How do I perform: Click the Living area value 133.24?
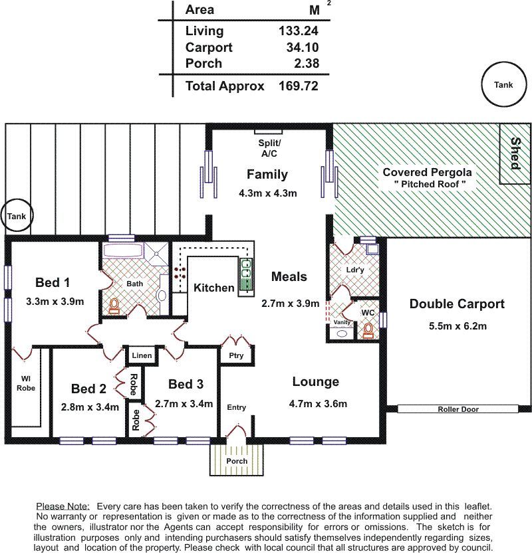pyautogui.click(x=298, y=31)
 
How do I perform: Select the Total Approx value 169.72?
pyautogui.click(x=298, y=86)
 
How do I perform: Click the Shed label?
pyautogui.click(x=515, y=153)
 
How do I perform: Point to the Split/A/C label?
pyautogui.click(x=269, y=148)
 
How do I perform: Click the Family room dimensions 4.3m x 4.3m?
pyautogui.click(x=267, y=193)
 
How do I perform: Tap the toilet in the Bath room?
pyautogui.click(x=114, y=306)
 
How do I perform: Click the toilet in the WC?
pyautogui.click(x=368, y=331)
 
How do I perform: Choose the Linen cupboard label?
pyautogui.click(x=142, y=355)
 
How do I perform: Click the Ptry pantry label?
pyautogui.click(x=236, y=355)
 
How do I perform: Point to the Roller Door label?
pyautogui.click(x=458, y=409)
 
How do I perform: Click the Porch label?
pyautogui.click(x=237, y=461)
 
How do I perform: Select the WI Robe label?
pyautogui.click(x=26, y=383)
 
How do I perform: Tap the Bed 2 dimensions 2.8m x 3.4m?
pyautogui.click(x=90, y=407)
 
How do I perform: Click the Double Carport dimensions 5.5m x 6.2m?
pyautogui.click(x=458, y=326)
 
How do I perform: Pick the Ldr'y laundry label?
pyautogui.click(x=355, y=270)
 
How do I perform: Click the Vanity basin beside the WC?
pyautogui.click(x=342, y=333)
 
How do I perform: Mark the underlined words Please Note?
pyautogui.click(x=63, y=506)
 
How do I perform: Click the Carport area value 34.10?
pyautogui.click(x=303, y=47)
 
